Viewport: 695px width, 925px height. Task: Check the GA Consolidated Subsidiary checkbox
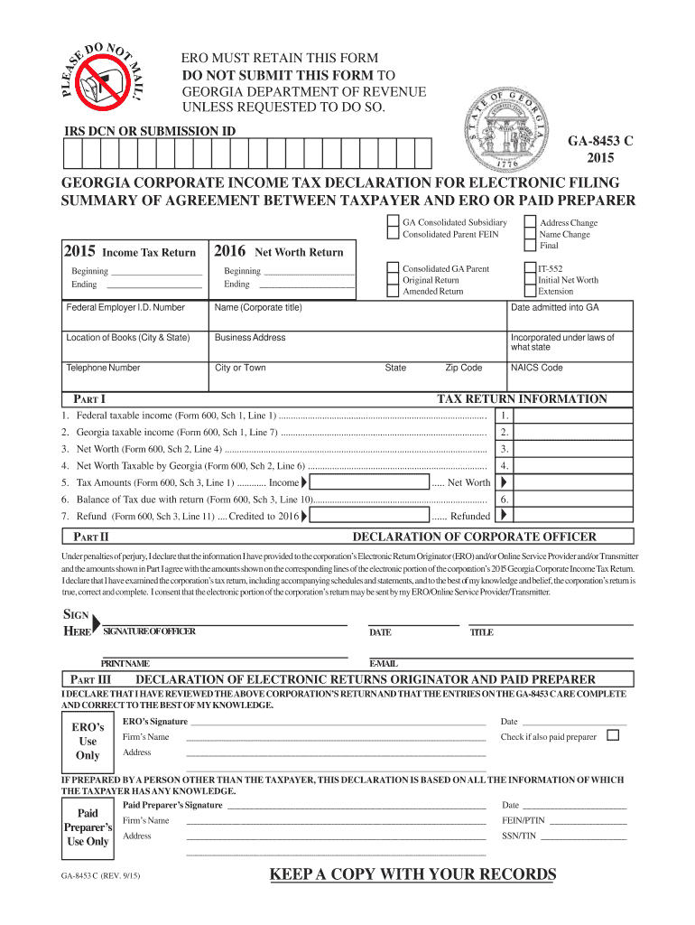[392, 222]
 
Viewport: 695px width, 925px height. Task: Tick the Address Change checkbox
[530, 222]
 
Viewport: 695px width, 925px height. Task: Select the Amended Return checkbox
[392, 292]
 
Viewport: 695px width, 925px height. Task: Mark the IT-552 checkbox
[530, 268]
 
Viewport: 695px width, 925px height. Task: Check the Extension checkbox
[530, 292]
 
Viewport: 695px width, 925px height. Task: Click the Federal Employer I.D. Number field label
[125, 307]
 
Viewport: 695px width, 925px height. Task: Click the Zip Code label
[463, 368]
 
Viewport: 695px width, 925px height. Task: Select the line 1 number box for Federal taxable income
[505, 416]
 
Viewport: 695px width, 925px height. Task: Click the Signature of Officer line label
[150, 631]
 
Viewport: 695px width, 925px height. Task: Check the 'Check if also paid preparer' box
[613, 735]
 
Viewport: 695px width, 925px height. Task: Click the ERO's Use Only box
[88, 742]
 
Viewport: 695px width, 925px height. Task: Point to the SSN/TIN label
[519, 836]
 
